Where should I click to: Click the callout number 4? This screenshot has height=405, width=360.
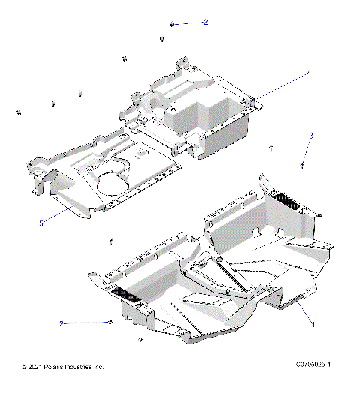(308, 73)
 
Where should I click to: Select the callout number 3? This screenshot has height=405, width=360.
(311, 136)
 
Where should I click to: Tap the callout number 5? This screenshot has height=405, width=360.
(42, 223)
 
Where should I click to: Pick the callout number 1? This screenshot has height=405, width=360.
(313, 324)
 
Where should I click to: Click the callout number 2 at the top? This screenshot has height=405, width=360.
(205, 22)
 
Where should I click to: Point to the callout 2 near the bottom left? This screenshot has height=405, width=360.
(62, 323)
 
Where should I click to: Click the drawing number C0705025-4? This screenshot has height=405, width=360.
(313, 365)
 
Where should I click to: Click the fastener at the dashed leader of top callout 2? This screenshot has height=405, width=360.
(172, 25)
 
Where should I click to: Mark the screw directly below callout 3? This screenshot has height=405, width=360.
(301, 165)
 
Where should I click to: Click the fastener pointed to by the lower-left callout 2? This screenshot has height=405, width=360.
(111, 322)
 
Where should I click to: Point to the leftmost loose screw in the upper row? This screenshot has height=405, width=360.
(16, 112)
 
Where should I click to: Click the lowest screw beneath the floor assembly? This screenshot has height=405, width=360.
(140, 340)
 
